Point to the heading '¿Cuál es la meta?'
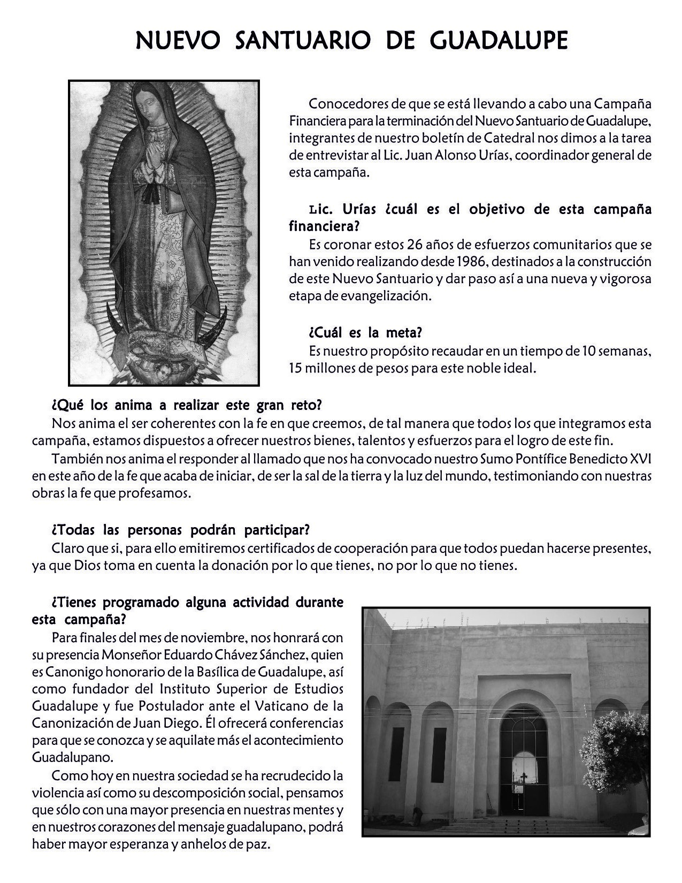pos(366,332)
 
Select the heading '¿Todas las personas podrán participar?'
pos(181,530)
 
